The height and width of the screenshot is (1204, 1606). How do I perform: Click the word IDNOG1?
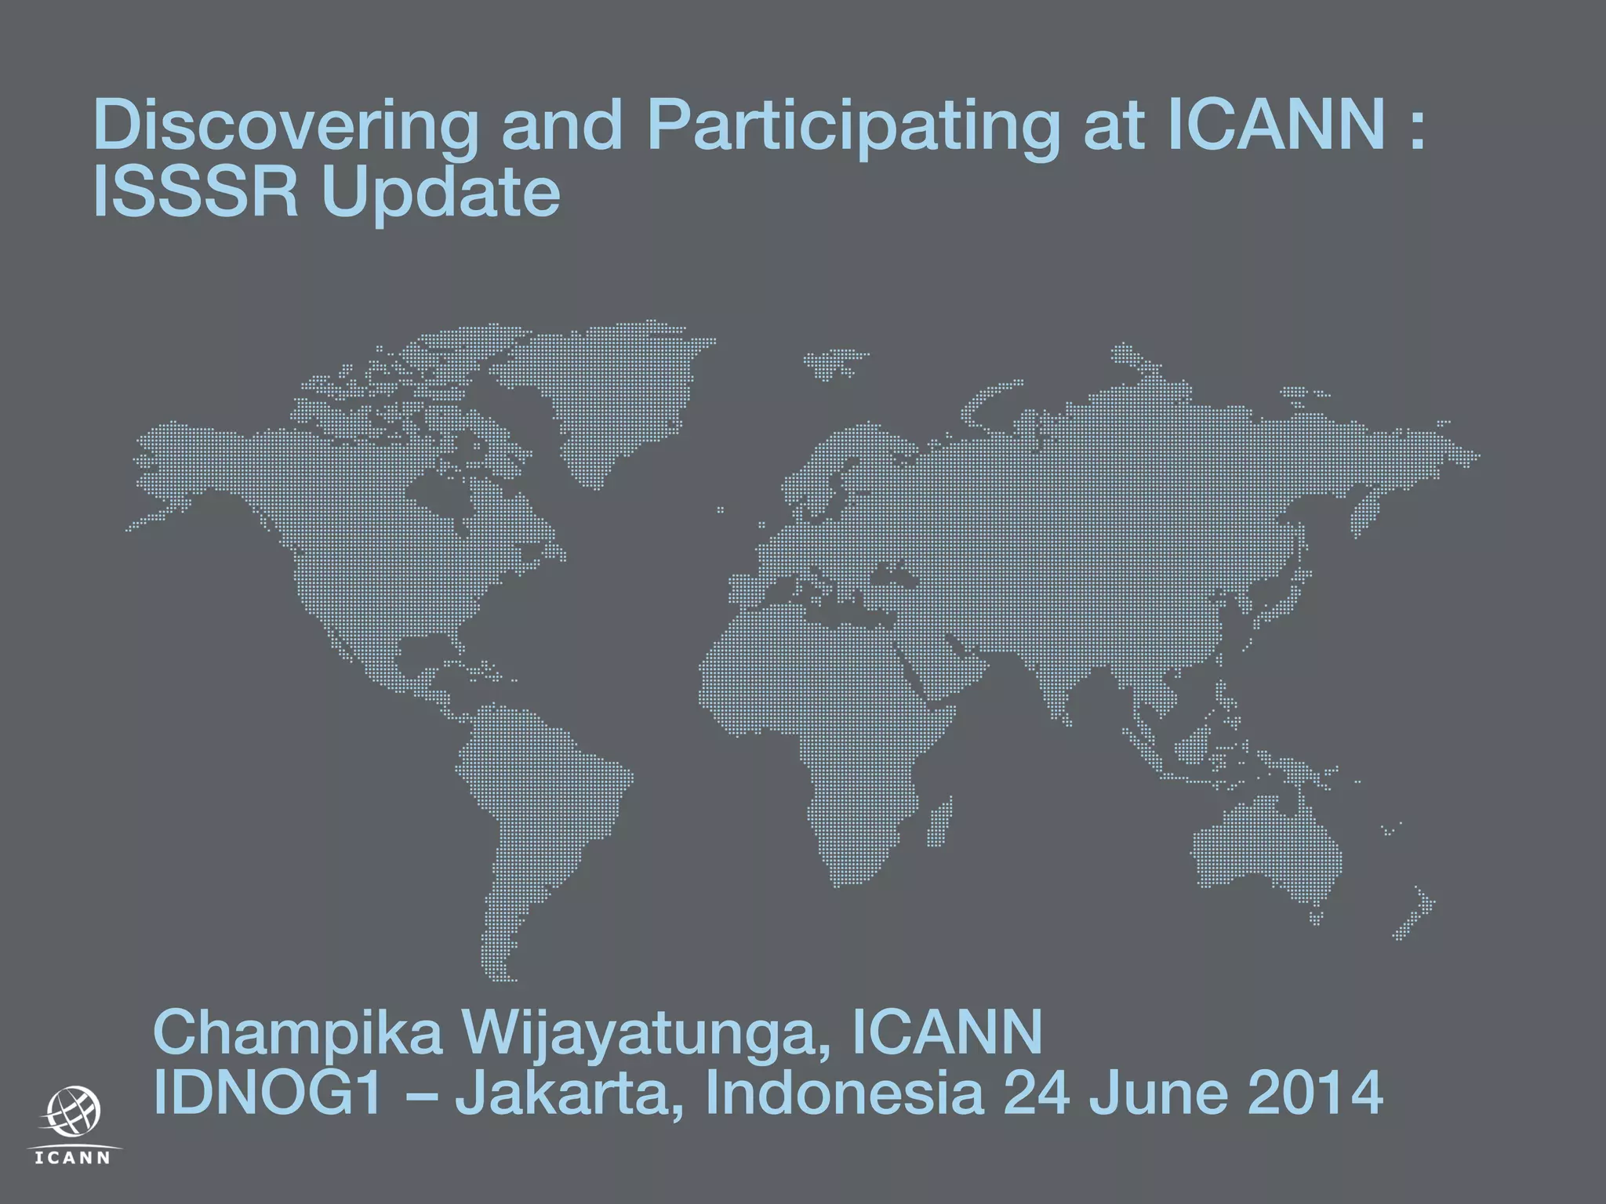(267, 1093)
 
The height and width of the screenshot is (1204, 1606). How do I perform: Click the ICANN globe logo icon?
(74, 1112)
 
